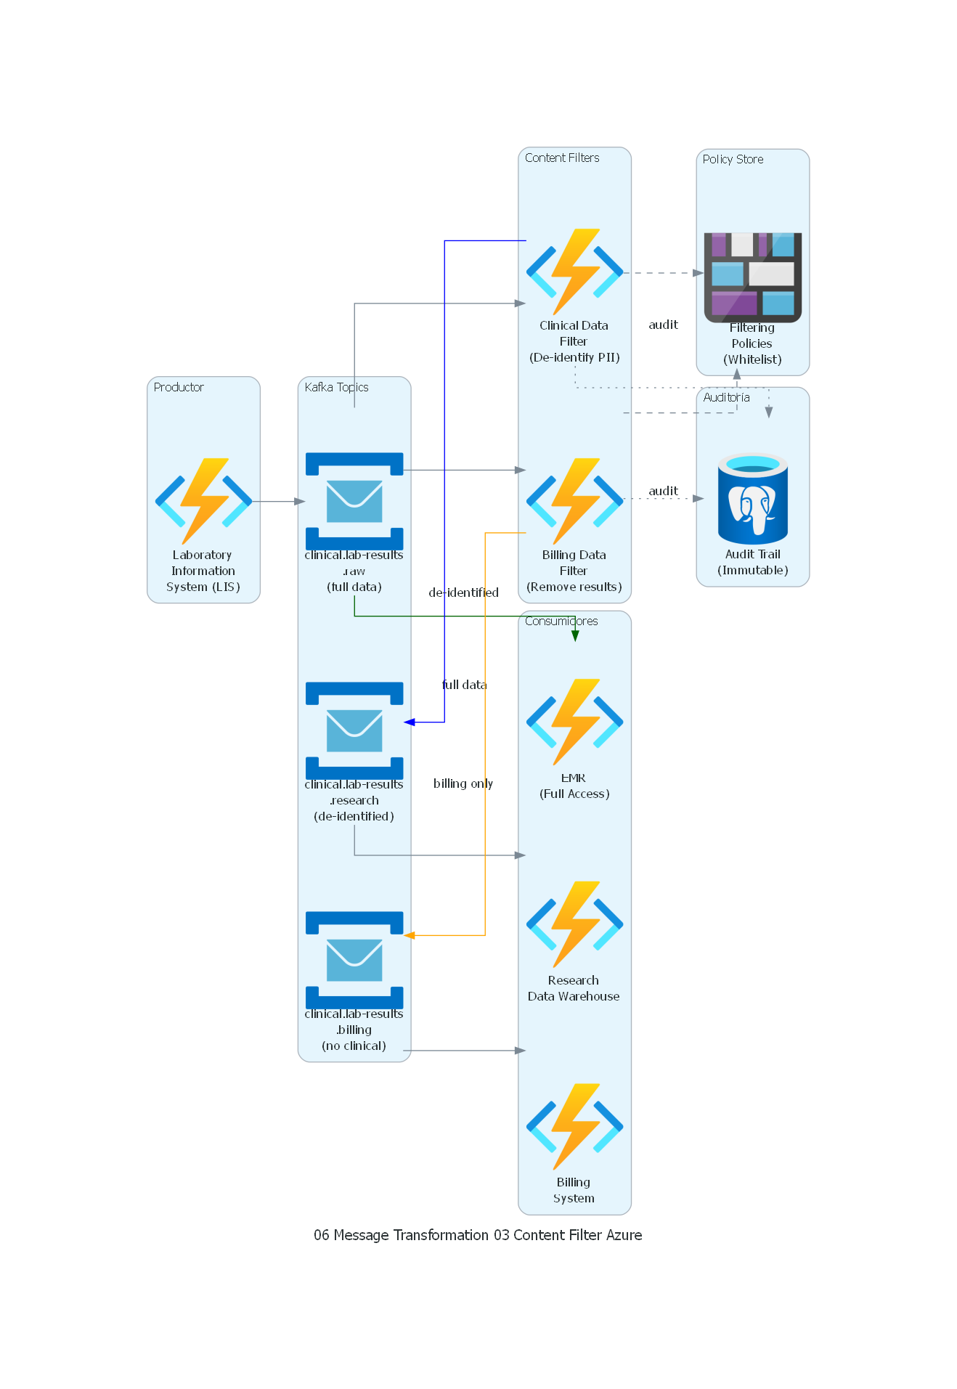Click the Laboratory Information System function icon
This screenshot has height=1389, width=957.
[203, 501]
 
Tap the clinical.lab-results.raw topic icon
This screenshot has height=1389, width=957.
[354, 501]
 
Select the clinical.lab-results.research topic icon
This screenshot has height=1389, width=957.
[354, 730]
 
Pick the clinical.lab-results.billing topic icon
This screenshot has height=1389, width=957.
[354, 960]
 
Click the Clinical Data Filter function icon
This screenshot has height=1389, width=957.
[574, 272]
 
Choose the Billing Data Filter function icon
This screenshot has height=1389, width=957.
[574, 501]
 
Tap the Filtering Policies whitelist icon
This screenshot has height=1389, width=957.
[753, 277]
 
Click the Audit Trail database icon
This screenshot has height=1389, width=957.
[753, 499]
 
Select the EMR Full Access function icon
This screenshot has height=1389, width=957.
[574, 722]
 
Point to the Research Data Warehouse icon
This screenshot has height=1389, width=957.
[574, 924]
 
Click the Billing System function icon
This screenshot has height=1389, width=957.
[574, 1127]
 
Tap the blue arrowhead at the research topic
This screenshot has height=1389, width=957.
[410, 722]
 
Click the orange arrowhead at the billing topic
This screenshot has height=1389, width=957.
[410, 935]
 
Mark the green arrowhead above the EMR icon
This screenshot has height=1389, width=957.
[575, 636]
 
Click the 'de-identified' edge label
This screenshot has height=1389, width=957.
[463, 592]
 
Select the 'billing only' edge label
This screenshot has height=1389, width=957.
[463, 783]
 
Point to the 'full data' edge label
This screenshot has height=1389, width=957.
[464, 685]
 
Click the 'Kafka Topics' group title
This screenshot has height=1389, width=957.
[336, 387]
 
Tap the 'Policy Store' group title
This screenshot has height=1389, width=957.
[733, 159]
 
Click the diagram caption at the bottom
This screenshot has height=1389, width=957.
[478, 1235]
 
